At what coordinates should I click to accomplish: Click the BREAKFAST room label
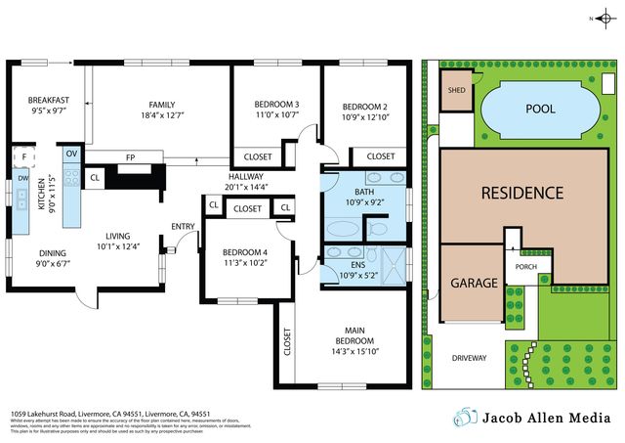coord(48,100)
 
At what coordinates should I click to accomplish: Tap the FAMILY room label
coord(161,105)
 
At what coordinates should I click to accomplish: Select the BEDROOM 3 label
coord(276,105)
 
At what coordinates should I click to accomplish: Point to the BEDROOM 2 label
coord(370,107)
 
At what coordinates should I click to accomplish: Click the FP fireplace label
coord(129,156)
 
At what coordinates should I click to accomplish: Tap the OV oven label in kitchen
coord(71,154)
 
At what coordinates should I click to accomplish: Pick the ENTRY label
coord(183,227)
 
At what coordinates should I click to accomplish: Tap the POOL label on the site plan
coord(540,109)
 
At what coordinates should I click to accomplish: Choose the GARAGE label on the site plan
coord(474,283)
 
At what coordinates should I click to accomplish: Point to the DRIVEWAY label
coord(469,358)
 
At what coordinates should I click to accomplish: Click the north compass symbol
coord(599,19)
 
